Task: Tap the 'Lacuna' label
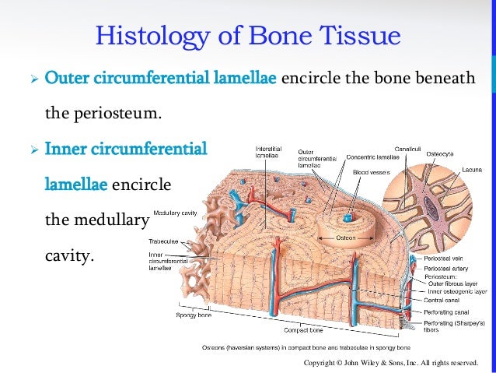tap(472, 169)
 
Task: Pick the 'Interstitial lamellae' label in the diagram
tap(268, 151)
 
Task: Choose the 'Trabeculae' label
tap(164, 241)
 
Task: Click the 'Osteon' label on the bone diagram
tap(346, 238)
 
